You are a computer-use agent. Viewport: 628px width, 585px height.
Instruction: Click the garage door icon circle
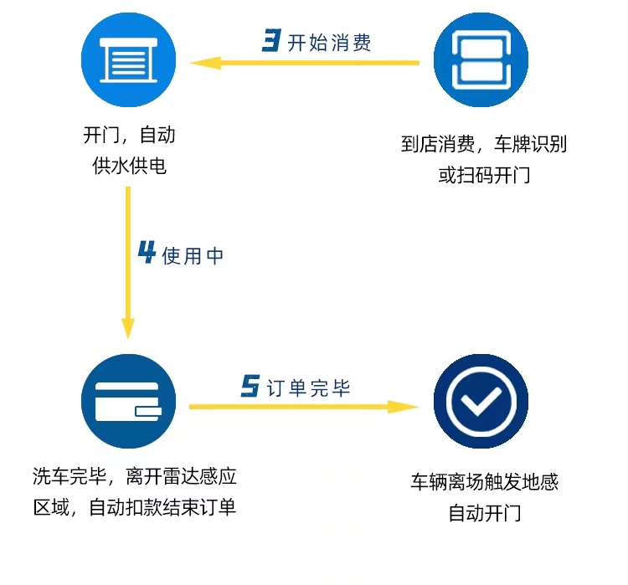(129, 59)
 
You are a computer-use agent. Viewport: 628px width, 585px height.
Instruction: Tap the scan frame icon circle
(481, 59)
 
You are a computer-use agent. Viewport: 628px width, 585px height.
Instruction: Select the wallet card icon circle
(129, 401)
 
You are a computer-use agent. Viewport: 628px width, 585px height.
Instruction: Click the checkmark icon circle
(481, 401)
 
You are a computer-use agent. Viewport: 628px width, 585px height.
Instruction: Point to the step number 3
(271, 40)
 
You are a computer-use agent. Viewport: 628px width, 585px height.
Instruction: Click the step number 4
(147, 252)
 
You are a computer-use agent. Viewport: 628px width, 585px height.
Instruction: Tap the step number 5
(250, 386)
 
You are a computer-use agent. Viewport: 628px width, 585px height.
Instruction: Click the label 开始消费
(329, 43)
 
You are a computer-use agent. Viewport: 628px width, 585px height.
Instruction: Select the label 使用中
(193, 256)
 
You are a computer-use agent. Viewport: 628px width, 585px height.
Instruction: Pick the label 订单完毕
(308, 388)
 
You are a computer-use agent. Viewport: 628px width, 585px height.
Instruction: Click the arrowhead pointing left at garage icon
(205, 63)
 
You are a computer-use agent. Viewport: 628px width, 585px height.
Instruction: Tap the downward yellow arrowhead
(128, 328)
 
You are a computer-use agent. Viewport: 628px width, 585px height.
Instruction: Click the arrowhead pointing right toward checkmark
(404, 407)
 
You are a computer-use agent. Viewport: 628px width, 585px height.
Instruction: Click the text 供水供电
(129, 166)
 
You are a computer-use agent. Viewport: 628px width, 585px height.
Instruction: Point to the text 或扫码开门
(484, 175)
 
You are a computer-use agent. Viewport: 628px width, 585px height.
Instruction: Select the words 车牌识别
(530, 144)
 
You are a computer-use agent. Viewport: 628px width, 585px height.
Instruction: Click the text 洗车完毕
(69, 476)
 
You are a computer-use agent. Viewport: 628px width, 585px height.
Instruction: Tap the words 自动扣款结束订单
(162, 507)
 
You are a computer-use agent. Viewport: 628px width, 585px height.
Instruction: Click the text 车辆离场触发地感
(484, 482)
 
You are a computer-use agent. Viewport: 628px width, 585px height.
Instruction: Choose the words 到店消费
(438, 144)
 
